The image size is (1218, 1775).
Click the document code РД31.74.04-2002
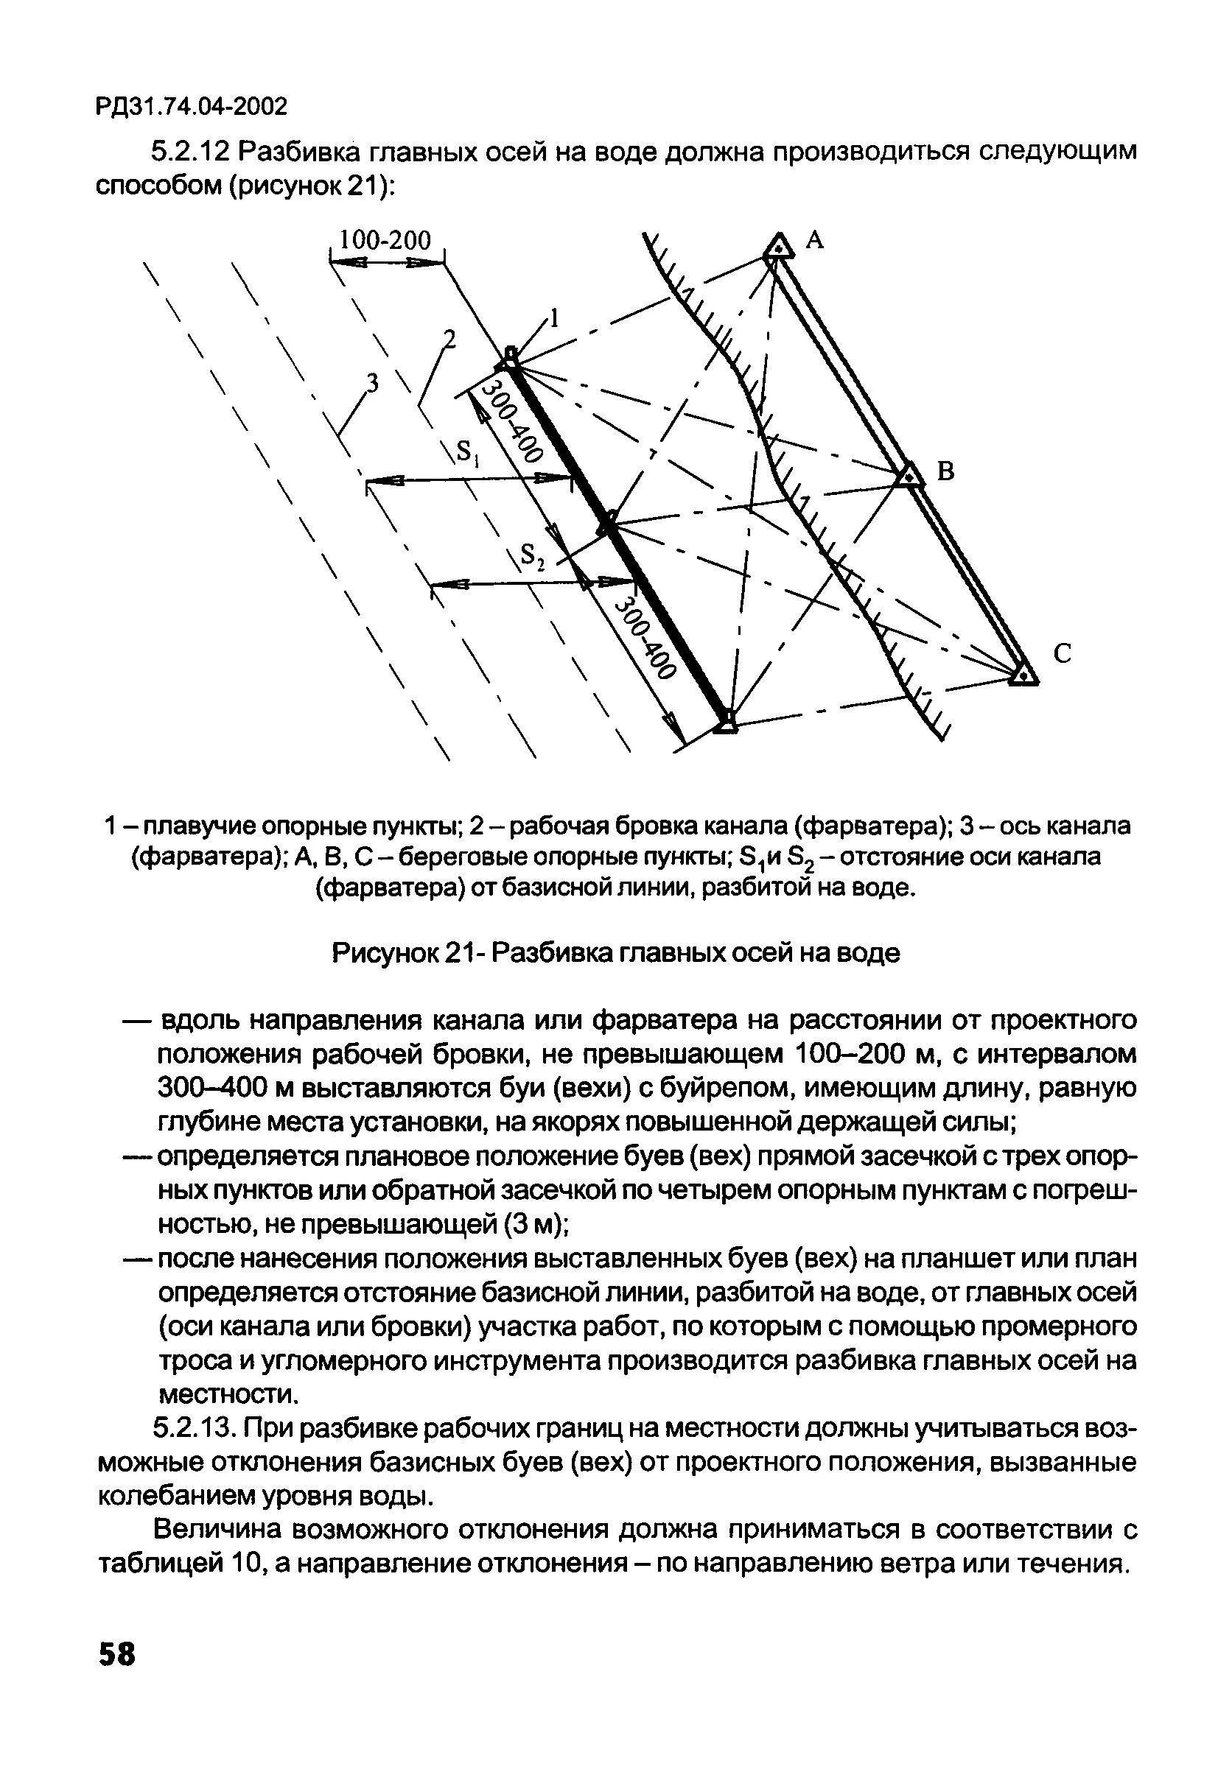pyautogui.click(x=192, y=107)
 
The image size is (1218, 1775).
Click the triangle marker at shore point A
pyautogui.click(x=777, y=247)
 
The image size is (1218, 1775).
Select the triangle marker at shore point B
pyautogui.click(x=909, y=475)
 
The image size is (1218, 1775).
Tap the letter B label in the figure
pyautogui.click(x=946, y=472)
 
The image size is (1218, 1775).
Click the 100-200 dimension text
pyautogui.click(x=385, y=241)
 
